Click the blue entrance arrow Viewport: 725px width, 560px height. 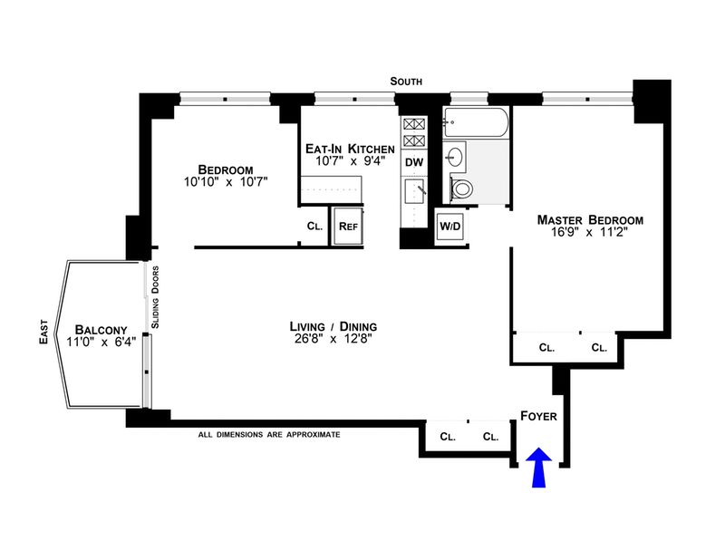point(538,468)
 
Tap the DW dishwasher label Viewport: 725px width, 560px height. point(414,162)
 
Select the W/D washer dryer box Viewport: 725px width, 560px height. point(449,227)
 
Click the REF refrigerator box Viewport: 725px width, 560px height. point(348,227)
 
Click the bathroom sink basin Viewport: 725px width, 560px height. point(455,157)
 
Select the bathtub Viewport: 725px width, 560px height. point(475,122)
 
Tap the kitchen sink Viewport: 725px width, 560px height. point(414,191)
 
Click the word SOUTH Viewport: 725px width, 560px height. point(406,82)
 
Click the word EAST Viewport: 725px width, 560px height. point(43,332)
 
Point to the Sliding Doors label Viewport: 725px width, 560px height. point(155,297)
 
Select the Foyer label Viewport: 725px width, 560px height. point(538,416)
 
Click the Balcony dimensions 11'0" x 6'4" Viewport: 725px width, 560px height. point(101,343)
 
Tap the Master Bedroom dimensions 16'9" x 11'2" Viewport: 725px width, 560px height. point(589,232)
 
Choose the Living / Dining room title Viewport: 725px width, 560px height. point(333,326)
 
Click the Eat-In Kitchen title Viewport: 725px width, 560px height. point(350,149)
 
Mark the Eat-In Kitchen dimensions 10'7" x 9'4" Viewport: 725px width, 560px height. point(350,161)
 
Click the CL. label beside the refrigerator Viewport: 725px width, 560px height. point(314,227)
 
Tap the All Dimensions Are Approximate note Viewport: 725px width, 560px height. point(269,435)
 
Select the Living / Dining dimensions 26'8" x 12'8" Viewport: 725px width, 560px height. point(333,339)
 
